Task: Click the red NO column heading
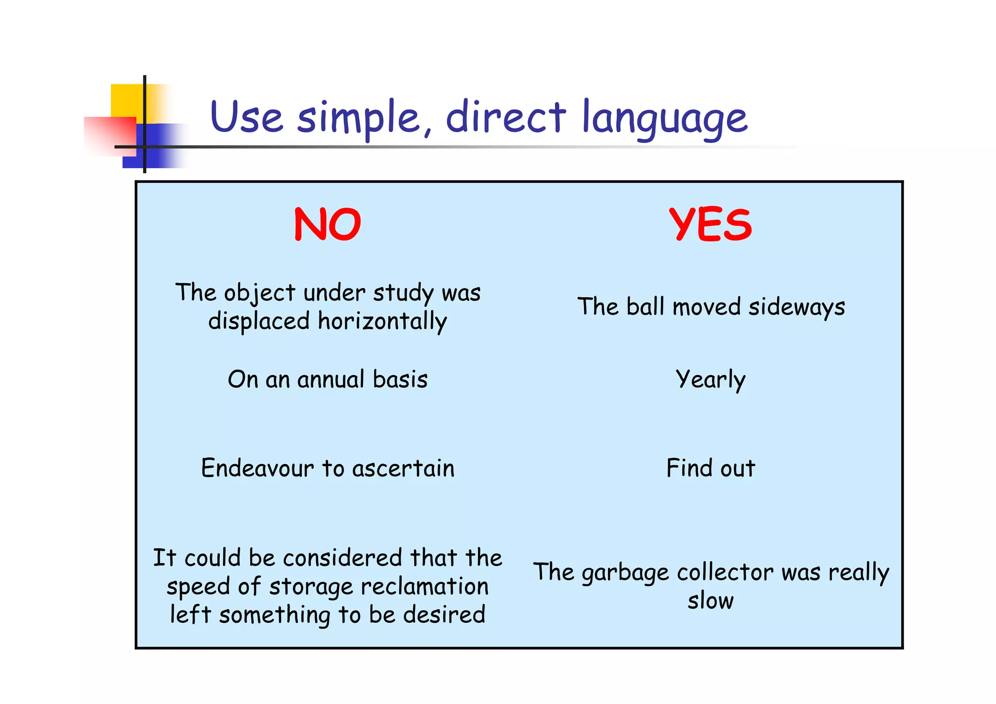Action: tap(327, 224)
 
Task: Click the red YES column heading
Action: tap(710, 224)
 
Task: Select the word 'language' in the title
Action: tap(664, 118)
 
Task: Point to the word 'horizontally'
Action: tap(382, 322)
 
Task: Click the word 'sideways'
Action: tap(797, 307)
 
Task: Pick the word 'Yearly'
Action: tap(710, 380)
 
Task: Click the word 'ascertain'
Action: tap(403, 469)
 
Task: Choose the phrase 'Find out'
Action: tap(711, 469)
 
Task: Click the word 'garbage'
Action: tap(625, 573)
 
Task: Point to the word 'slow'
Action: tap(711, 601)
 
